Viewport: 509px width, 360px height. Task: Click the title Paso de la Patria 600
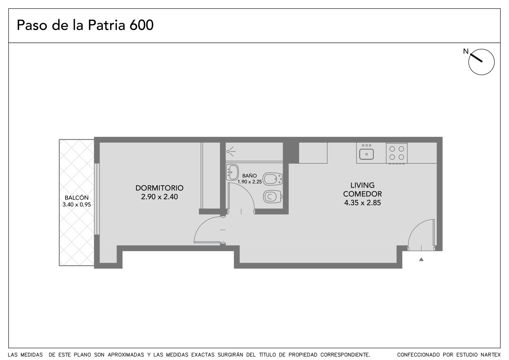85,25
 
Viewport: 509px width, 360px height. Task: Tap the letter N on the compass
466,51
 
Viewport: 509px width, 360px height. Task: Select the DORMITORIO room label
159,188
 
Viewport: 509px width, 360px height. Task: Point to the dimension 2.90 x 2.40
159,197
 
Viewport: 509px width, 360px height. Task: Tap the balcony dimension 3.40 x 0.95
77,205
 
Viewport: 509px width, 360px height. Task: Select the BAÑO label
249,176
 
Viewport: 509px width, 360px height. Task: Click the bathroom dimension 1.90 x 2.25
249,182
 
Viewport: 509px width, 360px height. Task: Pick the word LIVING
362,185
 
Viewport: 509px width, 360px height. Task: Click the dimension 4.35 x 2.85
362,203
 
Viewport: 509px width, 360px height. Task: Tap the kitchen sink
366,154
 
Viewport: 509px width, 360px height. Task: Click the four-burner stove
396,153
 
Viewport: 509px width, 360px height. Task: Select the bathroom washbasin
232,172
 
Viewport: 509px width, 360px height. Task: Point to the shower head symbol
231,151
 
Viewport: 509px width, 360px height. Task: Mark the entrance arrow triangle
421,259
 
